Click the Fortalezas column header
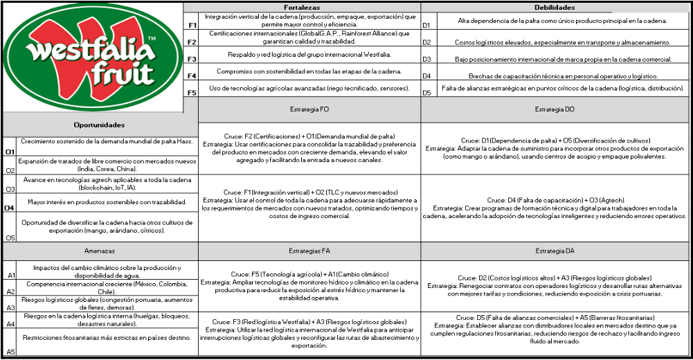point(302,7)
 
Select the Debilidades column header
point(555,7)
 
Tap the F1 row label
point(192,26)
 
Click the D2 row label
point(426,43)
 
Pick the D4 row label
point(426,76)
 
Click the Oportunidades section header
point(99,125)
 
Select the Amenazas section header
point(99,251)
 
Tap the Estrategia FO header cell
point(309,110)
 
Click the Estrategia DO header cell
point(555,110)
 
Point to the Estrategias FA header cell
point(309,251)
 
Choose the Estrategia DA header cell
point(555,251)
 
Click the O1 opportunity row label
point(10,152)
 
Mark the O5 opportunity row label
point(10,237)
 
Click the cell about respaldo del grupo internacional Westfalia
point(309,55)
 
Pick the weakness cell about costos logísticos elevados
point(561,43)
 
